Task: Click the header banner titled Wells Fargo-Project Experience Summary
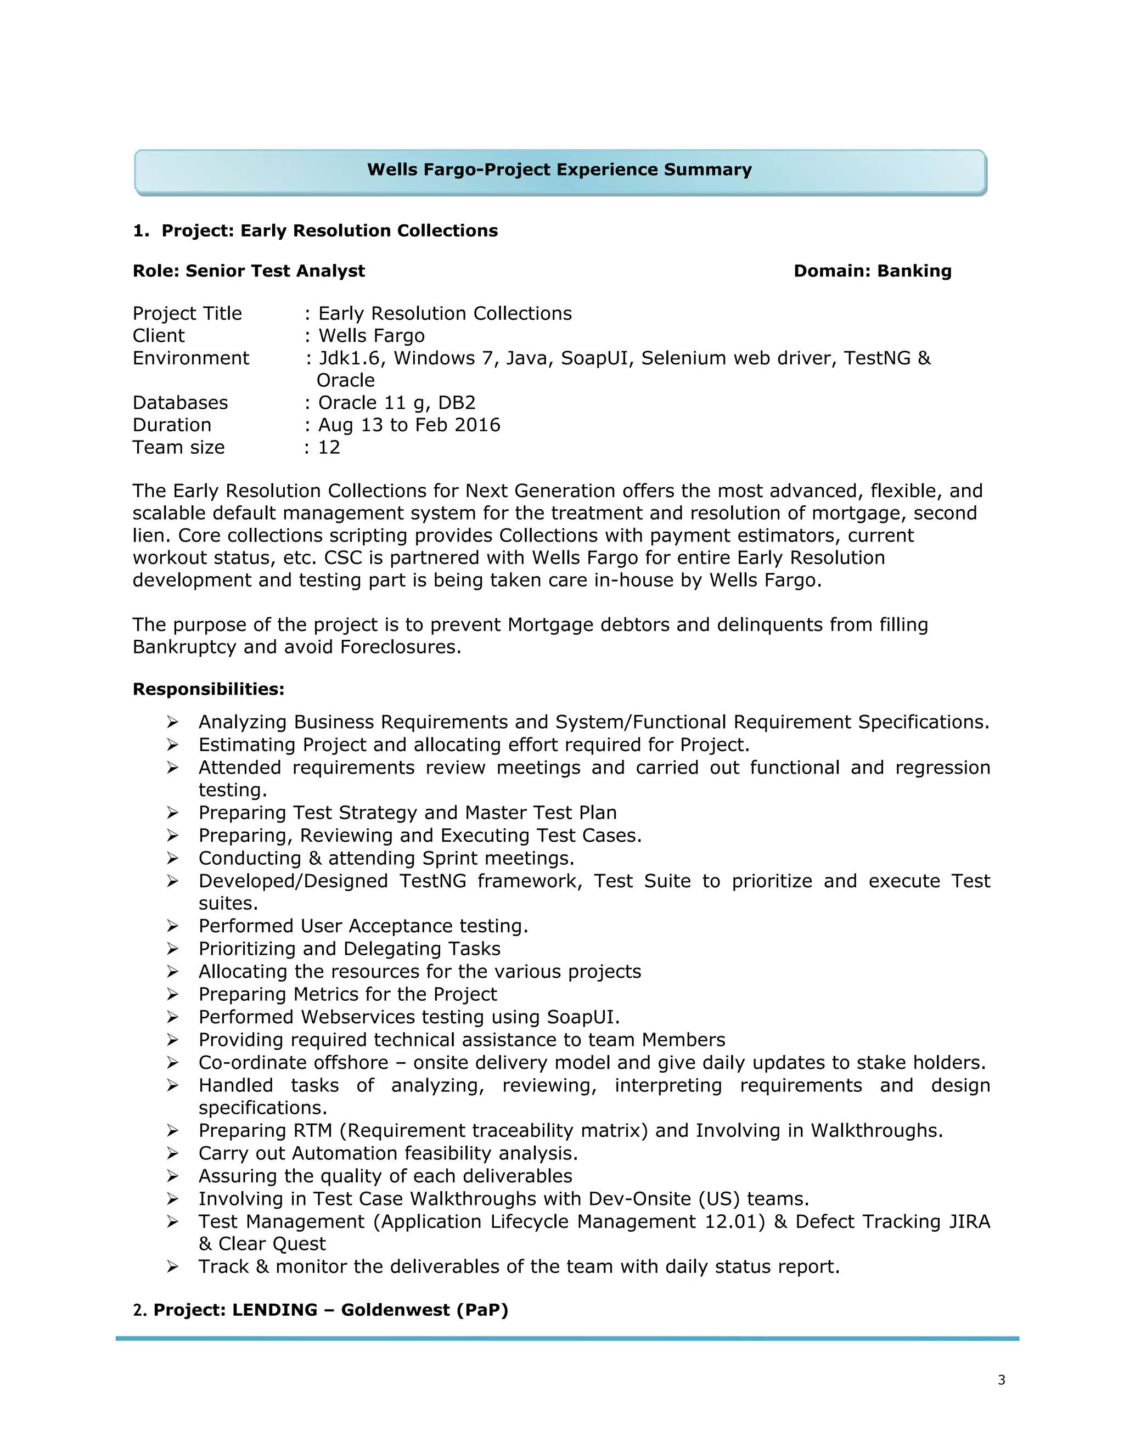click(x=559, y=171)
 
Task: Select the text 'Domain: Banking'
click(x=872, y=271)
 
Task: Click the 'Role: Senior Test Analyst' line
click(x=249, y=271)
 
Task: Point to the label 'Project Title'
click(x=187, y=313)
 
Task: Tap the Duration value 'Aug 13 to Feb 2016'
click(x=409, y=425)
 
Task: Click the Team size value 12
click(x=329, y=447)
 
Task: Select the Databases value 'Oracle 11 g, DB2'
click(x=397, y=403)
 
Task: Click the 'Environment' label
click(x=190, y=358)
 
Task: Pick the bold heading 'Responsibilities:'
click(x=209, y=689)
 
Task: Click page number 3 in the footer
click(x=1002, y=1380)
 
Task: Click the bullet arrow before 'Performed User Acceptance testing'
click(x=172, y=926)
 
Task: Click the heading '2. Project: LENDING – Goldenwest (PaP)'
click(x=321, y=1310)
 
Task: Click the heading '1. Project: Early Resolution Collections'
click(x=315, y=231)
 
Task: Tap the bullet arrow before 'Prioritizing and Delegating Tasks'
click(x=172, y=949)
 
